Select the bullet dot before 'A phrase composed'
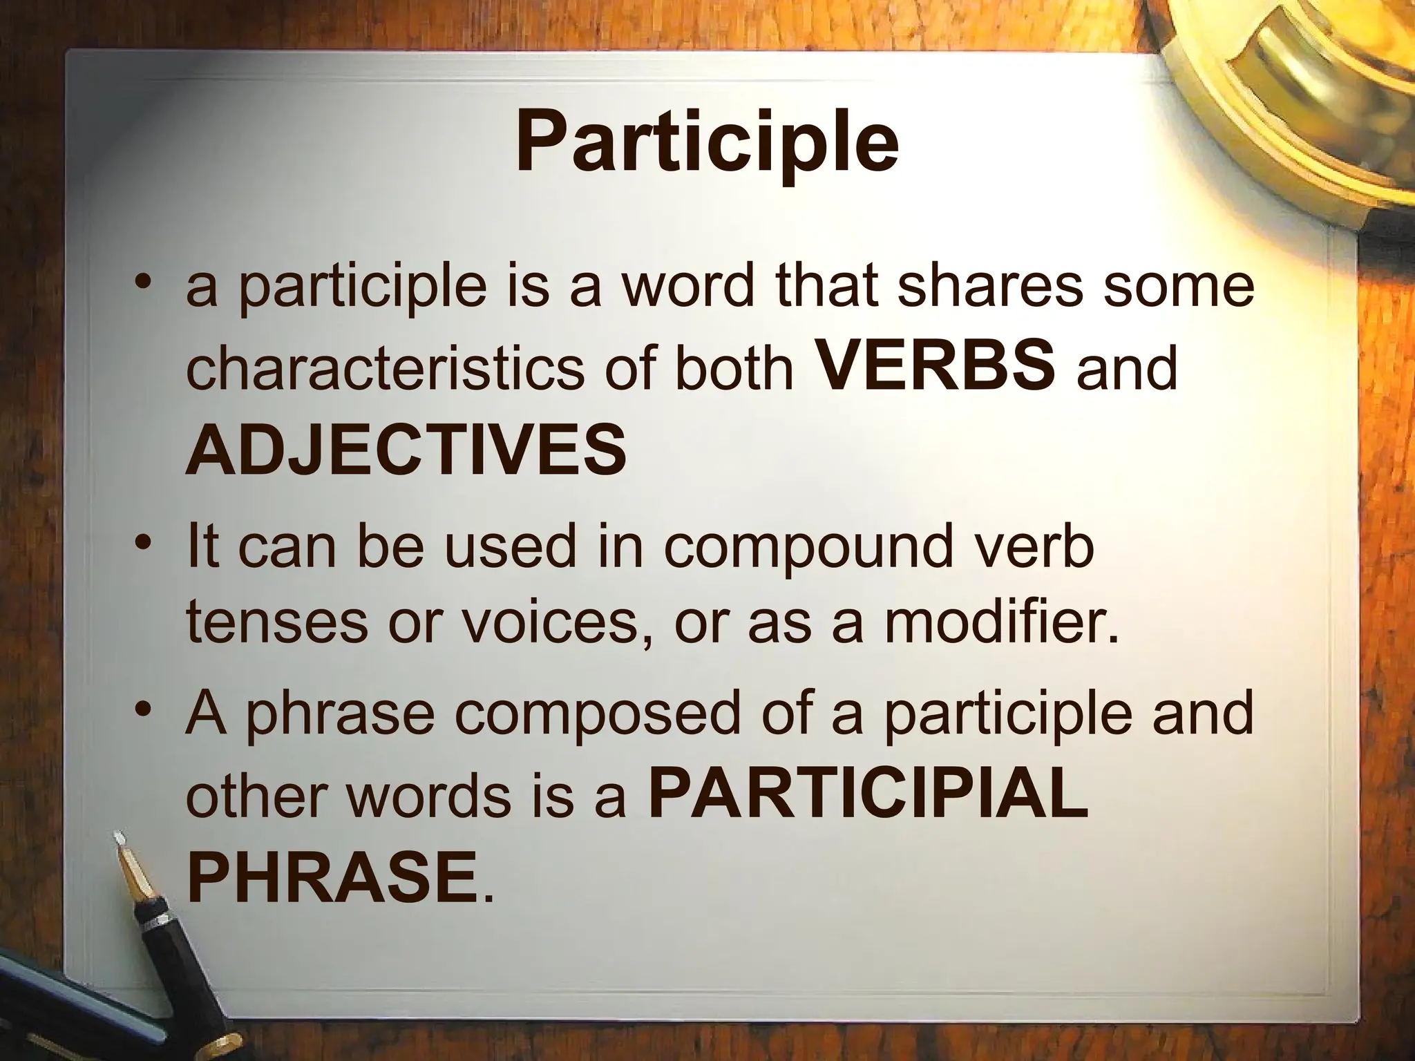click(142, 709)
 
